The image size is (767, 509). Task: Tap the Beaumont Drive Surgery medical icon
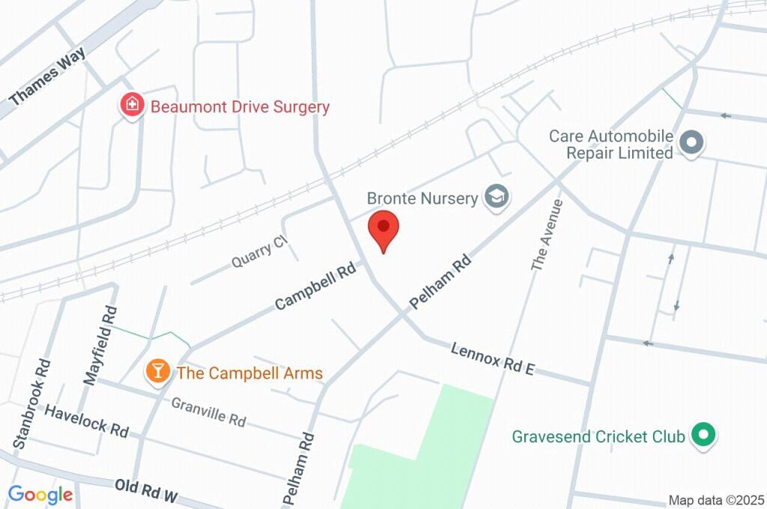point(133,105)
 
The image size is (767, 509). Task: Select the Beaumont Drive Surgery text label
point(240,107)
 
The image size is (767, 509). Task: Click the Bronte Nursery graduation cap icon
point(496,198)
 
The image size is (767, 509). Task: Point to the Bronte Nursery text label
point(422,198)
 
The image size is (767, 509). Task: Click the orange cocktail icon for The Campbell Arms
point(157,370)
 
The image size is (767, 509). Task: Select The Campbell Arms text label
point(249,373)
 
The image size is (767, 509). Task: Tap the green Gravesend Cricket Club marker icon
point(703,434)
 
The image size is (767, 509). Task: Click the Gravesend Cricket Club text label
point(599,436)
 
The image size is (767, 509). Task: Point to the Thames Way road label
point(48,78)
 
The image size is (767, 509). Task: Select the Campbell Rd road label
point(315,285)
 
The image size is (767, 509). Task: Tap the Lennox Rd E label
point(492,359)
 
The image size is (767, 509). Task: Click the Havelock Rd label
point(87,420)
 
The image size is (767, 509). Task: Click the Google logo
point(40,494)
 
